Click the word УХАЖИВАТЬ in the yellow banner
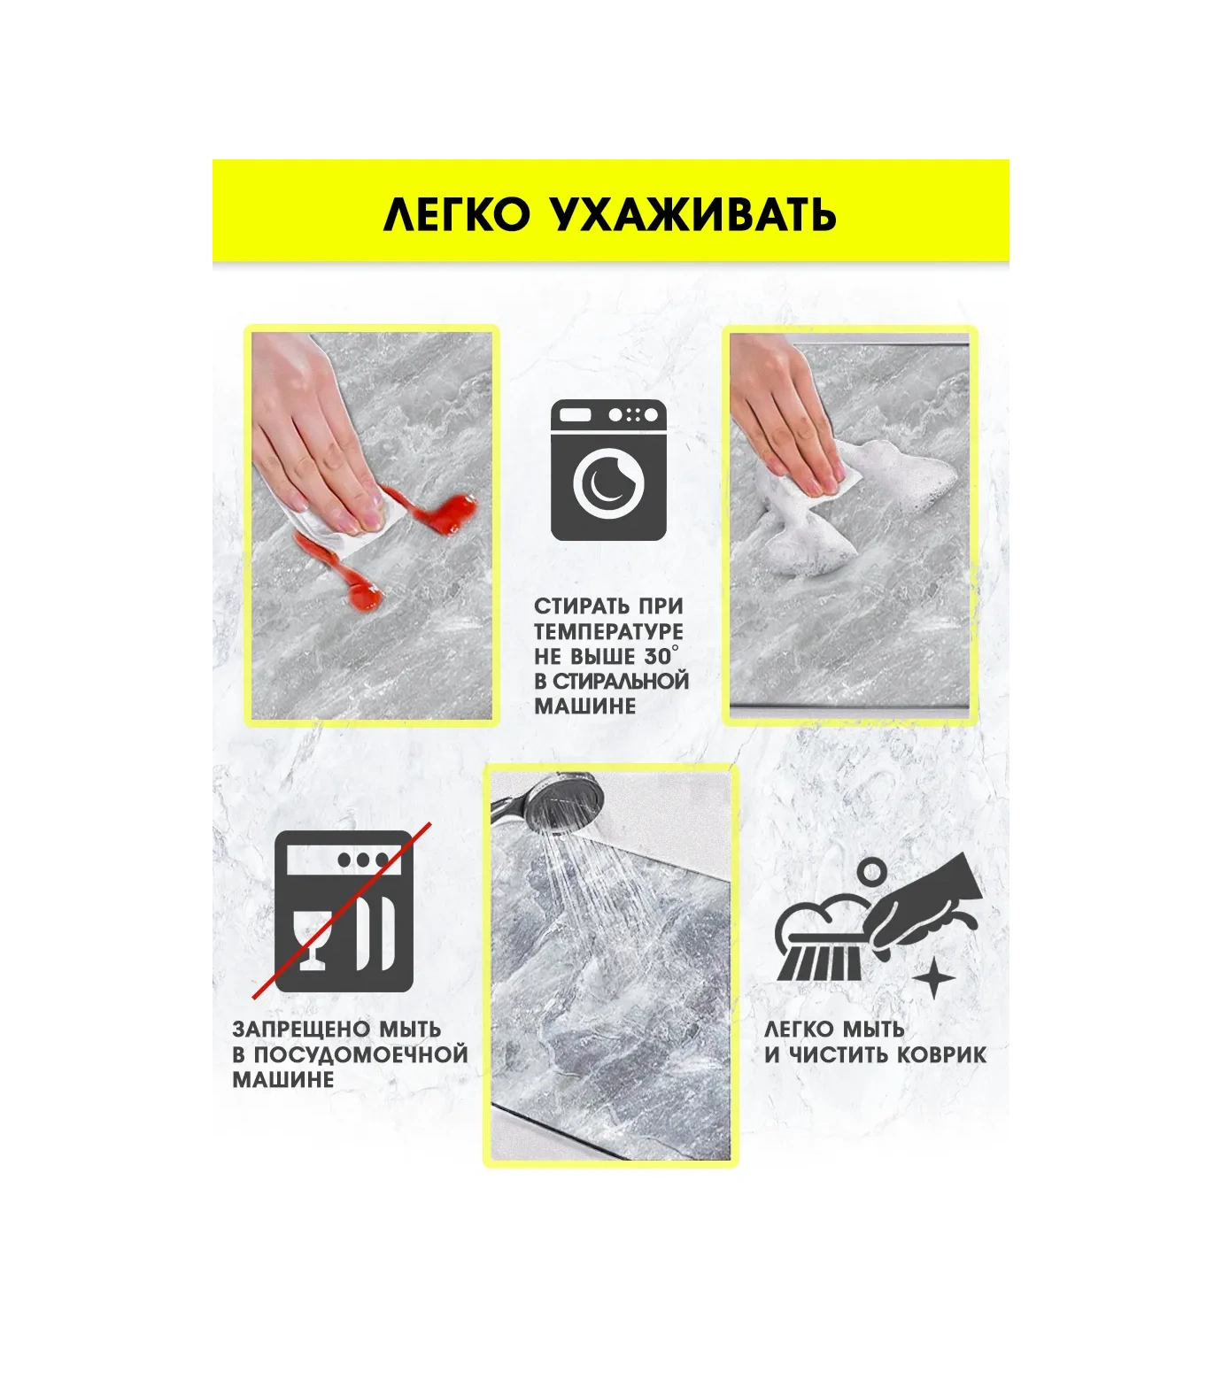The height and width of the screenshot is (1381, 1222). click(x=695, y=214)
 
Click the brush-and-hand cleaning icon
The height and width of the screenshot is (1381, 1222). click(x=877, y=925)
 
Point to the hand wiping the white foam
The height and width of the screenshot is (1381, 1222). click(x=788, y=425)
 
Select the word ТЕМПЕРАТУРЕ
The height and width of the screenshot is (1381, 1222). click(x=608, y=631)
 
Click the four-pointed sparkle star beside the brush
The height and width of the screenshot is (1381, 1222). click(x=933, y=980)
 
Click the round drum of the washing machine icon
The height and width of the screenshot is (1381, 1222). click(x=608, y=482)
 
